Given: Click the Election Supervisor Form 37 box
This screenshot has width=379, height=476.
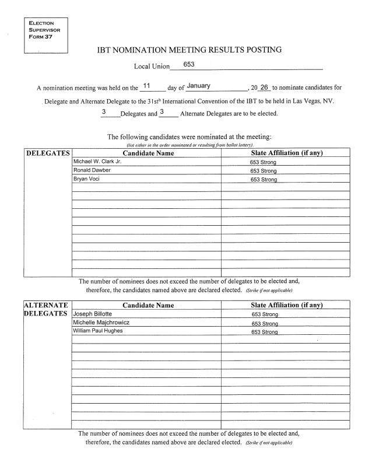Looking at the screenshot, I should point(44,34).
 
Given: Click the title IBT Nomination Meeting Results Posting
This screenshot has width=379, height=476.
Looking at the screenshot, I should point(189,50).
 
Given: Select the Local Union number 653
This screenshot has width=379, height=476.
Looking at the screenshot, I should point(189,64).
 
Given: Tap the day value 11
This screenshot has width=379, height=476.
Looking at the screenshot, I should point(147,86).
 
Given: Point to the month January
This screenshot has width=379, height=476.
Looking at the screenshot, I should point(198,86).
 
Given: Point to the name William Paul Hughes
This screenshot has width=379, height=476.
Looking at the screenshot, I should point(98,331).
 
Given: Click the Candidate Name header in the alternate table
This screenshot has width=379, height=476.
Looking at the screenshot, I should point(148,305).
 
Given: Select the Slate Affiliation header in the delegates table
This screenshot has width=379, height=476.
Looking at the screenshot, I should point(286,153).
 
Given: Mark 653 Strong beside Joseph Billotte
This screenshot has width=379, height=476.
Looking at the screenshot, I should point(264,314).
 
